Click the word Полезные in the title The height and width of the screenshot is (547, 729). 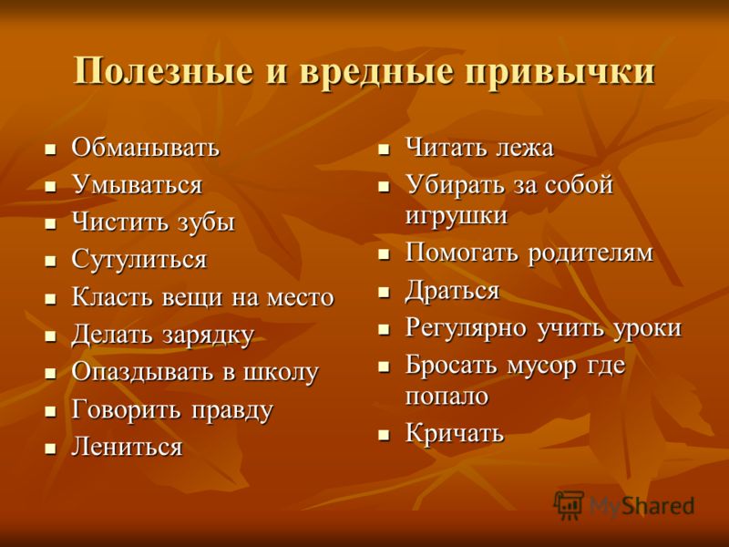pos(164,71)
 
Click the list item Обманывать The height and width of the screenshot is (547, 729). pos(145,148)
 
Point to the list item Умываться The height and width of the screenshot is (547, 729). pos(137,185)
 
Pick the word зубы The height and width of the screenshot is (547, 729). pos(206,222)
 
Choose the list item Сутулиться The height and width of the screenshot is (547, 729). pos(139,260)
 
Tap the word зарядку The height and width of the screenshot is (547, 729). pos(208,335)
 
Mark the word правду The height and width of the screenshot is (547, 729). pos(232,411)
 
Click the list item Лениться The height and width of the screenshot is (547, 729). pos(127,447)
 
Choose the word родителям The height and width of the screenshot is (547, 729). pos(590,253)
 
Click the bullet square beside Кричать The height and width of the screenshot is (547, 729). pos(383,435)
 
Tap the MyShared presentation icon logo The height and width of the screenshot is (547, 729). pos(568,504)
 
